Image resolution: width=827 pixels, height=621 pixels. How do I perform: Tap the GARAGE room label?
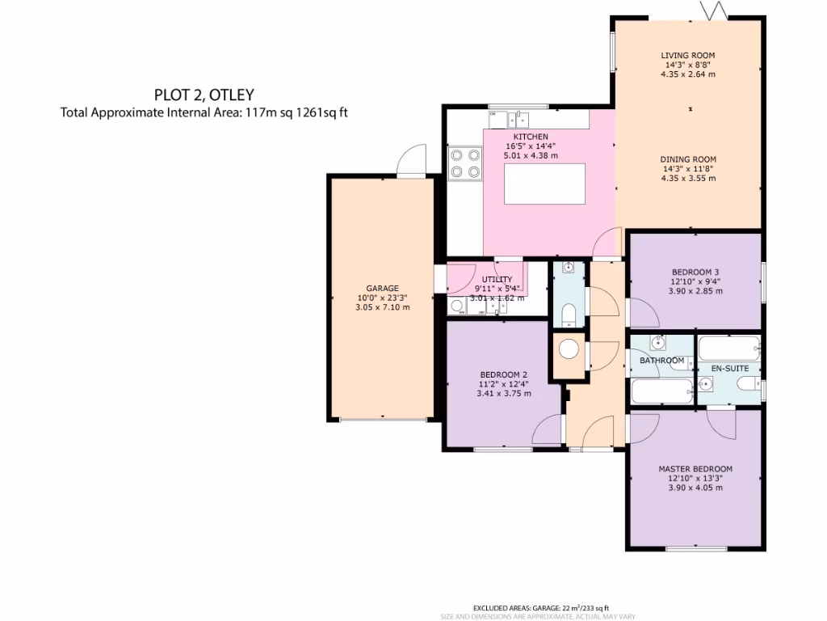(383, 288)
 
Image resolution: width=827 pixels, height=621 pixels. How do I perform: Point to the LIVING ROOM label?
(688, 56)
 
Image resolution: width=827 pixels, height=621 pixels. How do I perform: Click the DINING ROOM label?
(688, 159)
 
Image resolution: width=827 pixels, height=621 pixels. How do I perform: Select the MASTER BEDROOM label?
(695, 469)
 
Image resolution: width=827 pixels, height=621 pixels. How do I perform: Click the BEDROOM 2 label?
(503, 374)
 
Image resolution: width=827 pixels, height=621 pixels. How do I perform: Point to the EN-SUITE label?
(729, 369)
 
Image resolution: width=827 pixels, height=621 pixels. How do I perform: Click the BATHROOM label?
(662, 361)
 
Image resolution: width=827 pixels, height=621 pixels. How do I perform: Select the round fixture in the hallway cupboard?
(570, 349)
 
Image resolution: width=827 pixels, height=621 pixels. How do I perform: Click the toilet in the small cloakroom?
(569, 315)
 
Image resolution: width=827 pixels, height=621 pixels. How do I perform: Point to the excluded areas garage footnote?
(540, 608)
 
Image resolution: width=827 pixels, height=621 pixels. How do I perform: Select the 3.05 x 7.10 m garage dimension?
(383, 307)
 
